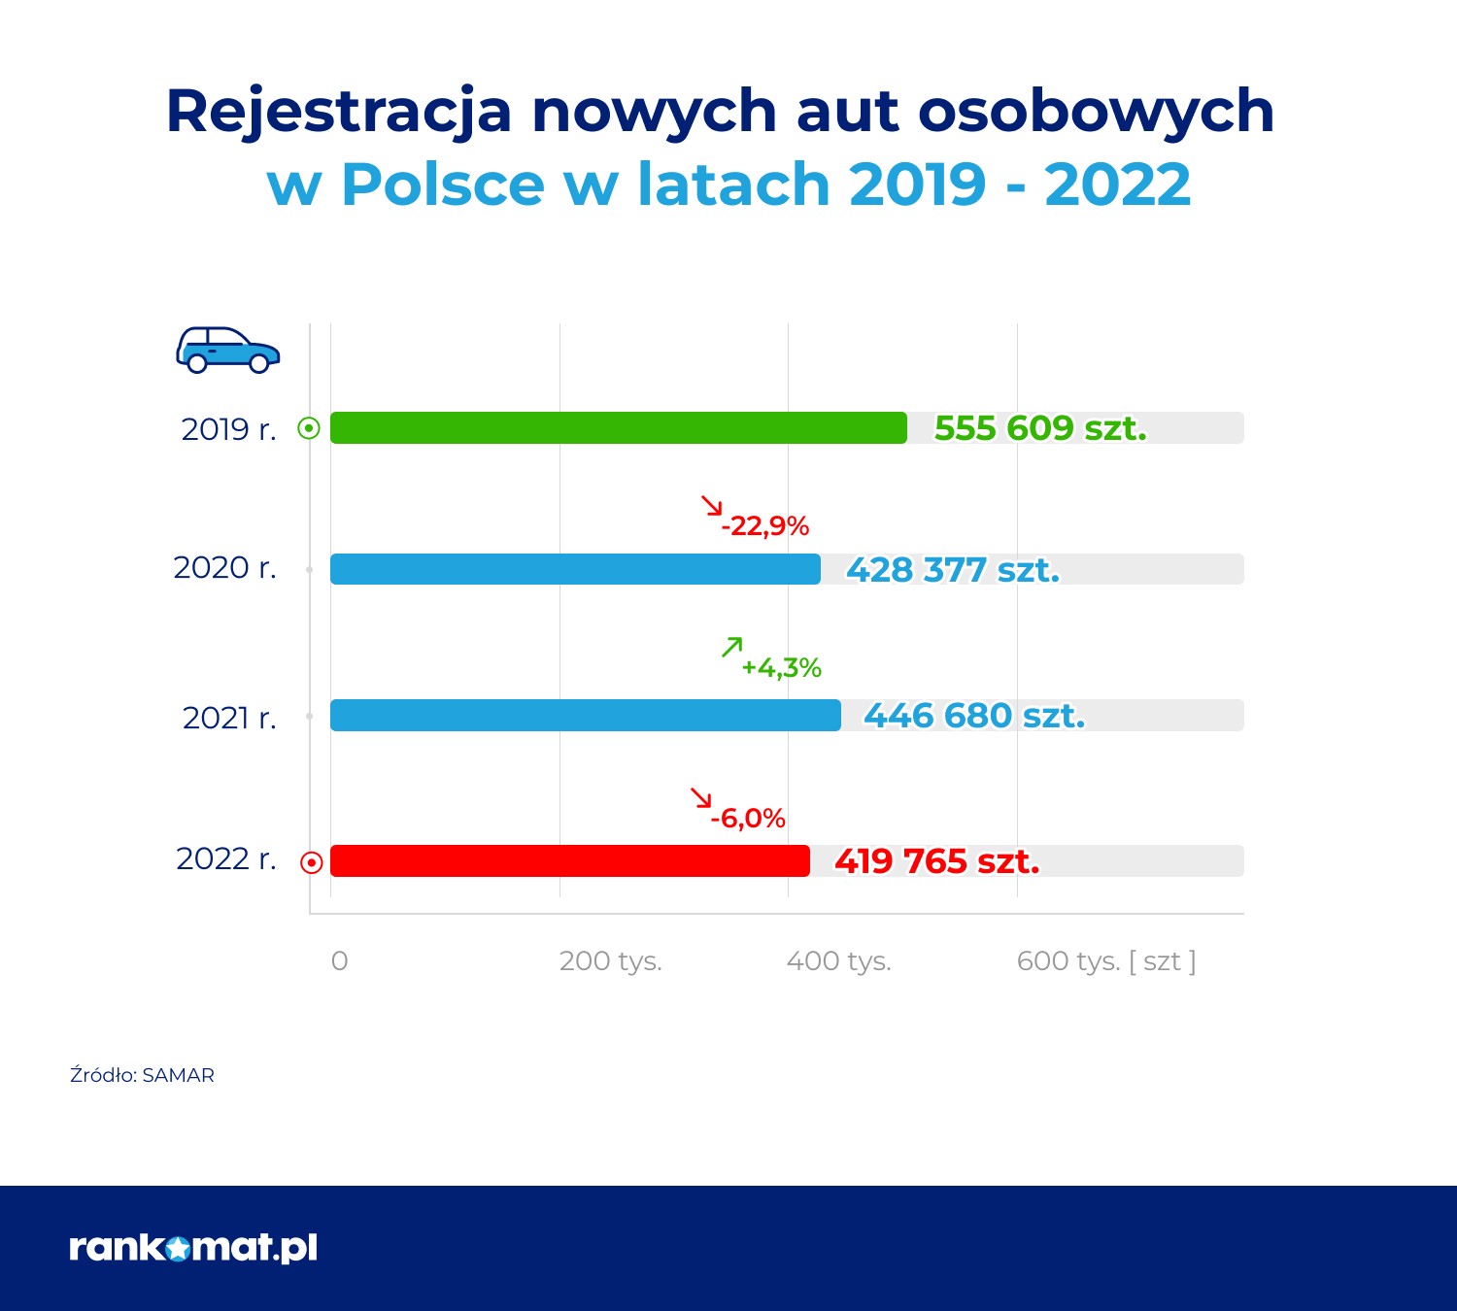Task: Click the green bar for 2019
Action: click(618, 428)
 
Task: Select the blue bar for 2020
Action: click(575, 569)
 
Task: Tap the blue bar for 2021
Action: click(585, 716)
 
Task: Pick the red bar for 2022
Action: click(569, 861)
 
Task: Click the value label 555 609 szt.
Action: click(1040, 428)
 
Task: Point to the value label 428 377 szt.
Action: click(953, 570)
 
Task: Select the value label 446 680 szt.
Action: click(974, 716)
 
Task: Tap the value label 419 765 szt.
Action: click(937, 861)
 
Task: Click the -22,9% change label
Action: click(765, 526)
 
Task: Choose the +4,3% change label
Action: click(782, 668)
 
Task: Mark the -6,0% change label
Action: click(748, 819)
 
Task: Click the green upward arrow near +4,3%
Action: click(731, 647)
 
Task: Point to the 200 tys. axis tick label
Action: click(610, 961)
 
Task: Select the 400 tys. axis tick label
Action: click(838, 961)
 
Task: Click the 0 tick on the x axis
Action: click(339, 961)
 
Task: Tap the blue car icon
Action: click(227, 351)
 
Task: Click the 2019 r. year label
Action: click(229, 429)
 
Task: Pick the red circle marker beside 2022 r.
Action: click(311, 862)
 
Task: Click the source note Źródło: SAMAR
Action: click(142, 1075)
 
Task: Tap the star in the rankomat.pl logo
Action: click(179, 1249)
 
